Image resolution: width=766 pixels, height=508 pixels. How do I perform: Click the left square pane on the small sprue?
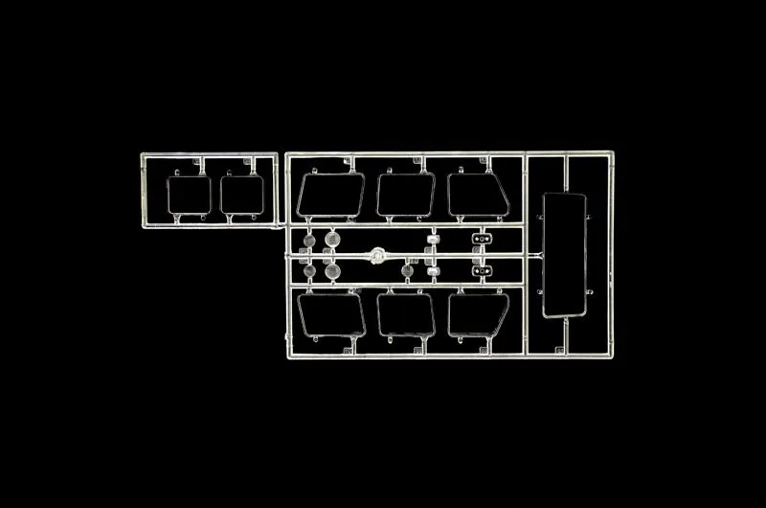pyautogui.click(x=187, y=195)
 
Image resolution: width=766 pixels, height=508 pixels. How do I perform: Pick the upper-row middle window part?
pyautogui.click(x=406, y=195)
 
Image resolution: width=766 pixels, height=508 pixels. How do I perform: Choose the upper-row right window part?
pyautogui.click(x=478, y=195)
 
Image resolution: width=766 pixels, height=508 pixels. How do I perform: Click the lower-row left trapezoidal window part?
pyautogui.click(x=330, y=315)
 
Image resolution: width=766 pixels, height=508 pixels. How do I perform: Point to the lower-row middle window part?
pyautogui.click(x=406, y=315)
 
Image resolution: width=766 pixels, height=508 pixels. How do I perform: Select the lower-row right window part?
pyautogui.click(x=478, y=315)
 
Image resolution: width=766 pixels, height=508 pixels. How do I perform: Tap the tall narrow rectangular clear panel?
pyautogui.click(x=563, y=255)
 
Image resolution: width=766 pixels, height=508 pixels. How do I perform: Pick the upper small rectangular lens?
pyautogui.click(x=433, y=239)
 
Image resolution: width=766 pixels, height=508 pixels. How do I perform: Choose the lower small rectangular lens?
pyautogui.click(x=433, y=273)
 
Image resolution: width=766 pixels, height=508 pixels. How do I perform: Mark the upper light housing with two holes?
pyautogui.click(x=479, y=239)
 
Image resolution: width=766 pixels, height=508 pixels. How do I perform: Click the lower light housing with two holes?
pyautogui.click(x=479, y=273)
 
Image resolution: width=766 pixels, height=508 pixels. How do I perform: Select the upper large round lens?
pyautogui.click(x=332, y=239)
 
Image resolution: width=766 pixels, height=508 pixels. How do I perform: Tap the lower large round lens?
pyautogui.click(x=332, y=273)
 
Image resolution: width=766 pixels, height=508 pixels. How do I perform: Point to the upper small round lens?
pyautogui.click(x=309, y=239)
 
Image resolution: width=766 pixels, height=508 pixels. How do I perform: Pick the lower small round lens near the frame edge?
pyautogui.click(x=309, y=273)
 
